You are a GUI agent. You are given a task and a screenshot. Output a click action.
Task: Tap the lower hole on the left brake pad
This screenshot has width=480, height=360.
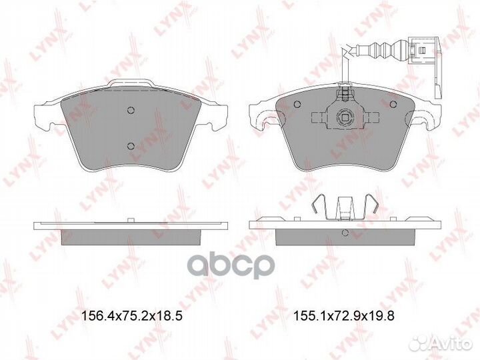131,146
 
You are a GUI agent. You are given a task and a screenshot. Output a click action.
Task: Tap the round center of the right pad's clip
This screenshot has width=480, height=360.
345,118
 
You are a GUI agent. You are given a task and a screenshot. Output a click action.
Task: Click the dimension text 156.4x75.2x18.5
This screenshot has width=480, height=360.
131,317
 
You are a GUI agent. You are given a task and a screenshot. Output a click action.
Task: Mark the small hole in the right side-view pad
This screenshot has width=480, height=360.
345,233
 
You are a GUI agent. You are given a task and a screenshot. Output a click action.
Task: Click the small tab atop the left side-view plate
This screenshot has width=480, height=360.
132,218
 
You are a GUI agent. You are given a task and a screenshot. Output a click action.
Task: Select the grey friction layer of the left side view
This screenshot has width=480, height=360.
131,234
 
